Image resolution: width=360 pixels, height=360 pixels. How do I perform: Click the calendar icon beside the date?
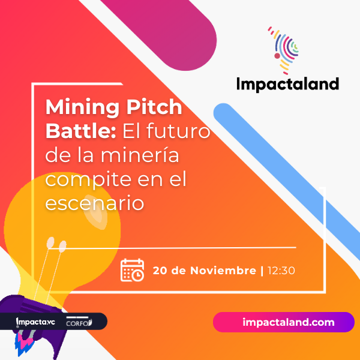pos(132,270)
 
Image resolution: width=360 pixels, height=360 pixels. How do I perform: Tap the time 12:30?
pos(281,271)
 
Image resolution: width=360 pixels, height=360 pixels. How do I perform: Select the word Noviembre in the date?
pos(223,270)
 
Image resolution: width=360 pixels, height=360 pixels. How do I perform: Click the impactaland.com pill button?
pos(284,322)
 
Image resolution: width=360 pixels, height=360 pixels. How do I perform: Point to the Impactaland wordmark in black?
pos(287,84)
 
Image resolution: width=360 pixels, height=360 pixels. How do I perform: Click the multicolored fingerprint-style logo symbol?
pos(284,50)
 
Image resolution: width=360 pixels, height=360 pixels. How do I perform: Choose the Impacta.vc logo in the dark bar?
pos(35,322)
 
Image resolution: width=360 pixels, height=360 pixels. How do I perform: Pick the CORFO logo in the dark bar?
pos(79,322)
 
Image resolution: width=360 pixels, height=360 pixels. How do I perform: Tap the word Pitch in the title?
pos(154,107)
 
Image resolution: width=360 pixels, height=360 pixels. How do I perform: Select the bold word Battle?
pos(80,131)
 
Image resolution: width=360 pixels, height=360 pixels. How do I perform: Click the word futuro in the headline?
pos(178,131)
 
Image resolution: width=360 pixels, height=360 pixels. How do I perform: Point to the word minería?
pos(140,155)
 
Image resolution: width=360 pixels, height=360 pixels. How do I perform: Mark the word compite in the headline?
pos(89,180)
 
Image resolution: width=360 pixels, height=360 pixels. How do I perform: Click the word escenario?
pos(95,203)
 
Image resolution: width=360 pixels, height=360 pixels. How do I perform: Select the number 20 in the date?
pos(160,271)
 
